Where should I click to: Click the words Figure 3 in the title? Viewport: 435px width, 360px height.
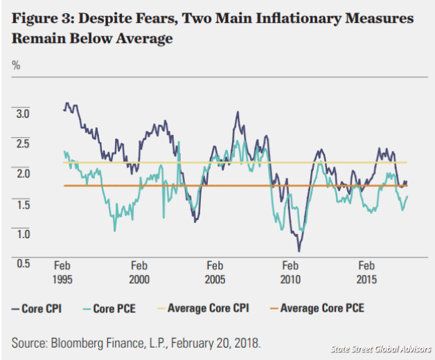tap(42, 19)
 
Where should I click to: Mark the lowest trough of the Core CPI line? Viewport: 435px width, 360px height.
tap(299, 250)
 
